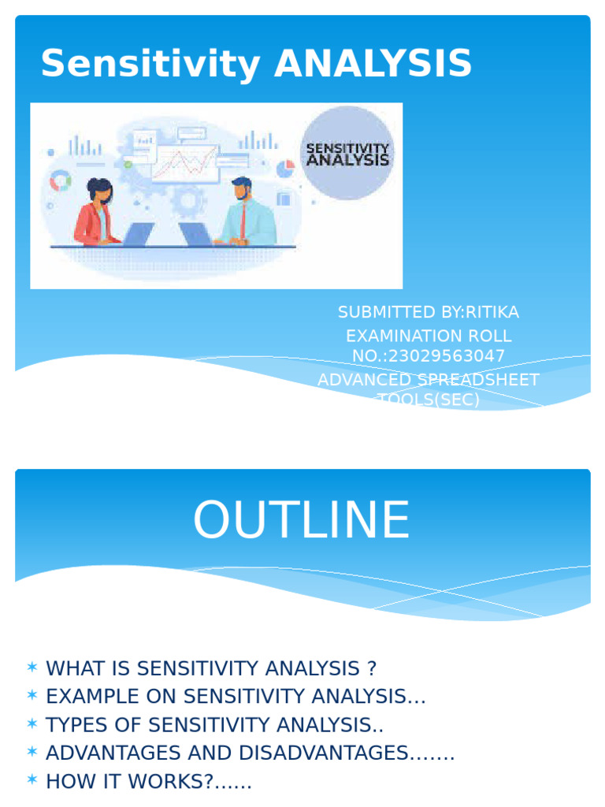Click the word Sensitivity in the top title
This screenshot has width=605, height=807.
(150, 65)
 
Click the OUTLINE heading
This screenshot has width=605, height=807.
(302, 521)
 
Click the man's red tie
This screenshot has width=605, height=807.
(243, 220)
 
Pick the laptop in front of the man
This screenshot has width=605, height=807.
(196, 234)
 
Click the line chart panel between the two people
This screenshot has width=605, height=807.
(185, 162)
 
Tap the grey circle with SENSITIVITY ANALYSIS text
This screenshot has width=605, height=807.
(347, 153)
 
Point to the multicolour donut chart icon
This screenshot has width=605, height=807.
(60, 182)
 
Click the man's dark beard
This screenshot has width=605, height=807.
(239, 195)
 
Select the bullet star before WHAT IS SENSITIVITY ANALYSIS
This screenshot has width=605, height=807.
(32, 668)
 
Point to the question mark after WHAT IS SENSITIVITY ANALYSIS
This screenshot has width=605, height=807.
(372, 668)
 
